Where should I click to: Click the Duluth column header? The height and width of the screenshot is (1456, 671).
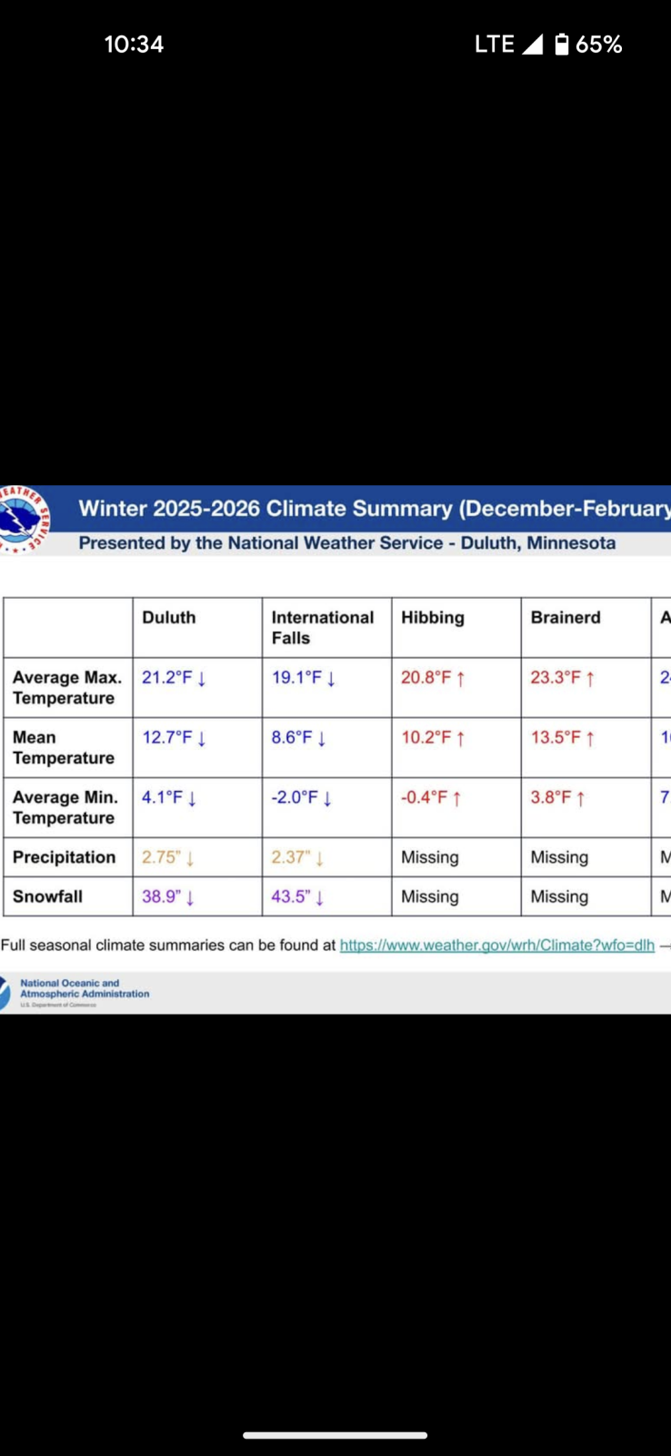[x=169, y=617]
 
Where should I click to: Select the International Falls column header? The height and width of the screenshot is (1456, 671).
[x=322, y=627]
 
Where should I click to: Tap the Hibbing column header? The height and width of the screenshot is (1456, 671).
[x=433, y=617]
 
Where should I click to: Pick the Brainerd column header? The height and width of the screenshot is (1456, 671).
[x=566, y=617]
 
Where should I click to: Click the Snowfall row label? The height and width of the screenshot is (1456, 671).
[x=47, y=896]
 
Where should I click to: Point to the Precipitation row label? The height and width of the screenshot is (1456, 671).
[x=64, y=857]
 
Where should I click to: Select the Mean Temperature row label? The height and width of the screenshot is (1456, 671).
[x=64, y=747]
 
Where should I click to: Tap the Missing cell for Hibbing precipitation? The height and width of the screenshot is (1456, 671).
[x=430, y=857]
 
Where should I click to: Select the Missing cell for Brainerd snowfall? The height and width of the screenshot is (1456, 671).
[x=559, y=896]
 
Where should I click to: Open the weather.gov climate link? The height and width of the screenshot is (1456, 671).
[x=497, y=945]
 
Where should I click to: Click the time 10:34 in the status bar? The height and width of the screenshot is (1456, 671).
[x=134, y=45]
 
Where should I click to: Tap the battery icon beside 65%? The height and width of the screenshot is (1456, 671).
[x=562, y=44]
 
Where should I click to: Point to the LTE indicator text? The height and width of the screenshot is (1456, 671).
[x=495, y=45]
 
